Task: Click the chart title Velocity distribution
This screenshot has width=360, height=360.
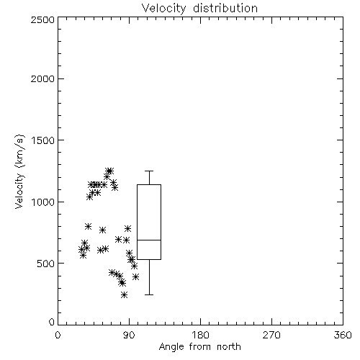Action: (x=199, y=9)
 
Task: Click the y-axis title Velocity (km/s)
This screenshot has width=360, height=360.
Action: (x=19, y=171)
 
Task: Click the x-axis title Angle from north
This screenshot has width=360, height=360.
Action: (x=199, y=347)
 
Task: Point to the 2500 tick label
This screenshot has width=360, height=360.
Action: (x=42, y=19)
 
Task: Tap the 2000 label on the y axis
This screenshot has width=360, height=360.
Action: (x=42, y=78)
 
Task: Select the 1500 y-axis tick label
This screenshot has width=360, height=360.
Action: (x=43, y=140)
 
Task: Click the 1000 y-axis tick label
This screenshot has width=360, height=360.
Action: (x=43, y=202)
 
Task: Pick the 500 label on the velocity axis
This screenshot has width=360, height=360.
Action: (x=45, y=264)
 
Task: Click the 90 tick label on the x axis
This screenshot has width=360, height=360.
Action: (x=129, y=335)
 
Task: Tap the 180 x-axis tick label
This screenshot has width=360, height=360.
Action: (x=200, y=335)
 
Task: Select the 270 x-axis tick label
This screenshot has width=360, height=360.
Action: (x=271, y=335)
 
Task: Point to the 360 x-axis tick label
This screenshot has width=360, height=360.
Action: (x=343, y=335)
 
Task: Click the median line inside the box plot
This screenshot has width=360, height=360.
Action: (x=149, y=240)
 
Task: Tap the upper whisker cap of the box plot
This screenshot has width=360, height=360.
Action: (x=149, y=171)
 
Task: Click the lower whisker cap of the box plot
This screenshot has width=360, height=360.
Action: (x=149, y=294)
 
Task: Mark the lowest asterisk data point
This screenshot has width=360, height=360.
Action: (x=124, y=294)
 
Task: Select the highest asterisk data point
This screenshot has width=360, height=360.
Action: (x=109, y=171)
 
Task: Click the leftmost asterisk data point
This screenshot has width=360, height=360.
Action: (x=81, y=250)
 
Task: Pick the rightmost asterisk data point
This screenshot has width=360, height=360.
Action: (x=135, y=277)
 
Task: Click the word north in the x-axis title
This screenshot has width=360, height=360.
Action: (x=229, y=347)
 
